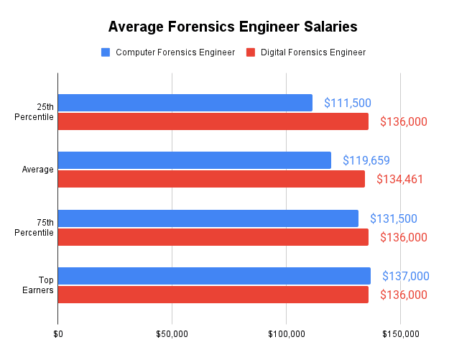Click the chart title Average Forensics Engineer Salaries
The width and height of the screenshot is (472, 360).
click(232, 27)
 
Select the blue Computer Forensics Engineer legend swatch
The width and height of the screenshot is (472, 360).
click(106, 52)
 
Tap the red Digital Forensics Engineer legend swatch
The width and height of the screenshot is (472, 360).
click(251, 52)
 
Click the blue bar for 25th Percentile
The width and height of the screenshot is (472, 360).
click(185, 103)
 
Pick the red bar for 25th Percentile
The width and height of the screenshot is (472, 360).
click(213, 121)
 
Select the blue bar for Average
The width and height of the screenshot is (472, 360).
click(194, 160)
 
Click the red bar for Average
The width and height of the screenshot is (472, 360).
click(211, 179)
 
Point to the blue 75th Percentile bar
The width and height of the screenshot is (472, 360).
click(208, 218)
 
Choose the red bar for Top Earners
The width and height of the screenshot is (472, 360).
click(213, 295)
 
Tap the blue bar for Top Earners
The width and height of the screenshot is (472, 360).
click(214, 276)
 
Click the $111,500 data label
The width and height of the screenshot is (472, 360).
click(347, 103)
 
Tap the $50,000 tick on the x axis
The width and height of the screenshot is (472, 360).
click(172, 334)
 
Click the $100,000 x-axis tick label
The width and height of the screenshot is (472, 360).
click(286, 334)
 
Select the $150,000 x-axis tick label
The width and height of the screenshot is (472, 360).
click(400, 334)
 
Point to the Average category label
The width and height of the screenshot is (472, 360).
click(38, 170)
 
